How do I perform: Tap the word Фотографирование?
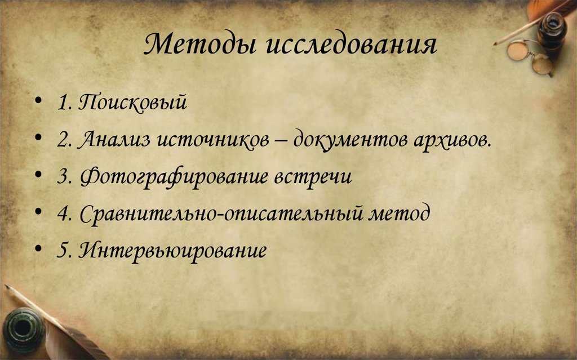coord(172,176)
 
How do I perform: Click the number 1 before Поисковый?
coord(62,104)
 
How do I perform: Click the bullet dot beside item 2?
coord(37,139)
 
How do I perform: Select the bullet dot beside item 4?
coord(37,213)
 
